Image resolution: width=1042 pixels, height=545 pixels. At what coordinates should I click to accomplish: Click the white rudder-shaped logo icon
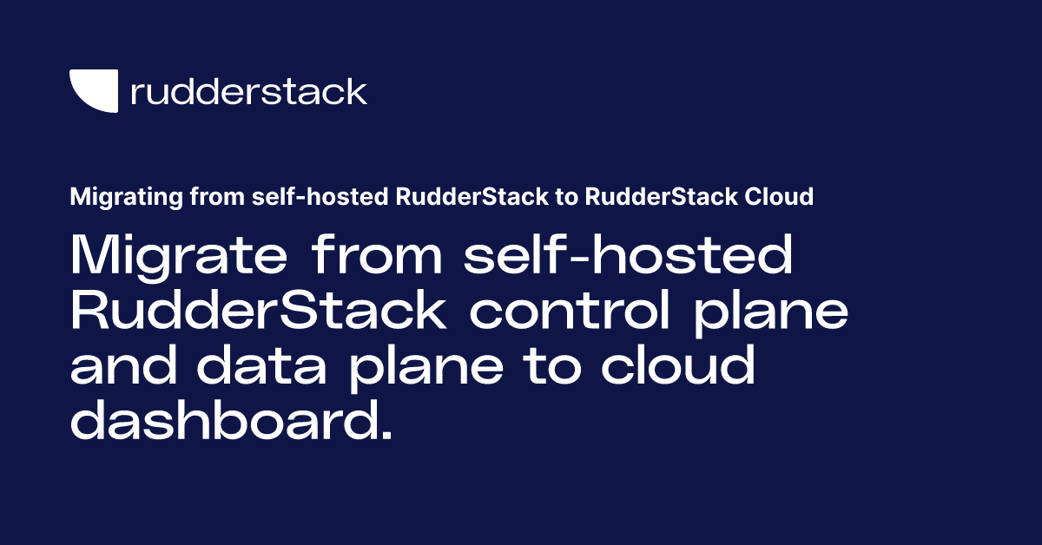tap(94, 91)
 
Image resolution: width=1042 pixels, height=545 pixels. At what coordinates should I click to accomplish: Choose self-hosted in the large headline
tap(629, 256)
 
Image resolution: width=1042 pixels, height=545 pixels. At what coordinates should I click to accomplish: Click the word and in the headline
tap(123, 367)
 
